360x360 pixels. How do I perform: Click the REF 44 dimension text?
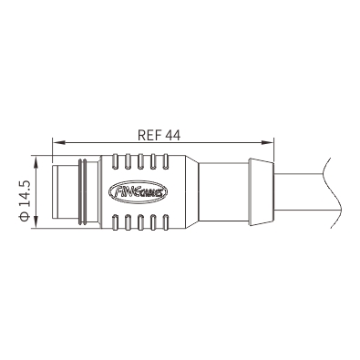coord(159,135)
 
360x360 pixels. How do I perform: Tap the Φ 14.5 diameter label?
coord(25,201)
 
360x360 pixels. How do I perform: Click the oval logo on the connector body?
coord(139,191)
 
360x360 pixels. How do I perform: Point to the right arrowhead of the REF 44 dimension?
coord(268,142)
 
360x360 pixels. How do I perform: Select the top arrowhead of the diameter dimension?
coord(36,161)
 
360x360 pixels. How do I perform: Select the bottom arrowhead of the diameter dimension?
coord(36,221)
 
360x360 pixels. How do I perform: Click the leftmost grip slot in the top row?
coord(115,161)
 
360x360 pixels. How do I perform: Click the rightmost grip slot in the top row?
coord(166,161)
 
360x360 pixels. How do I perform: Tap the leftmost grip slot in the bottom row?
coord(115,222)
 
